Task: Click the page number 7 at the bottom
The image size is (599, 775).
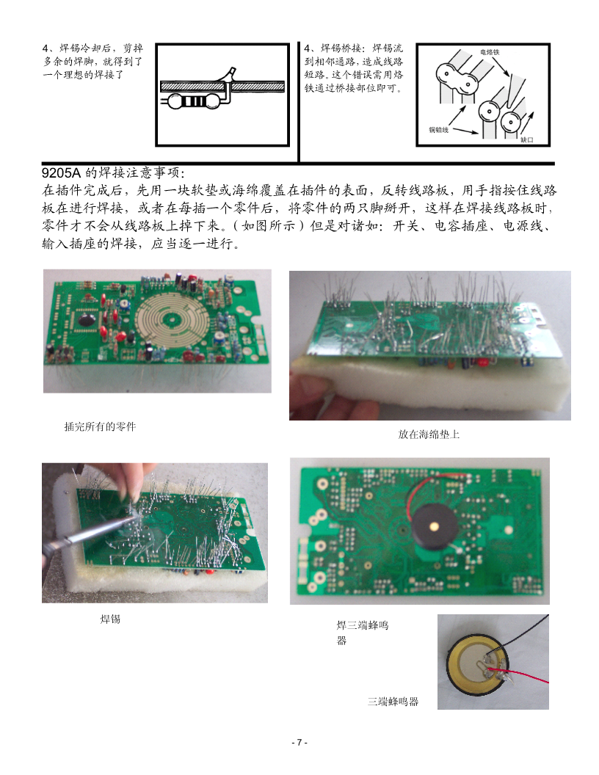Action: pyautogui.click(x=299, y=743)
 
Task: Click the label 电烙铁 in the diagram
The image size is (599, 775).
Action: pyautogui.click(x=490, y=52)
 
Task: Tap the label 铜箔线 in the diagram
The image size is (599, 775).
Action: pyautogui.click(x=438, y=130)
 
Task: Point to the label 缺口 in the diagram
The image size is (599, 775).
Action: pyautogui.click(x=527, y=140)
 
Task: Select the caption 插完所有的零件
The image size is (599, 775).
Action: pyautogui.click(x=100, y=426)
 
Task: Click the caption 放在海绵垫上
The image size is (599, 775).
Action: pyautogui.click(x=429, y=434)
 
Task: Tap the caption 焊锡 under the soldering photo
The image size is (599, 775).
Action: pyautogui.click(x=110, y=619)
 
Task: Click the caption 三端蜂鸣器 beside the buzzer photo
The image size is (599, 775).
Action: pyautogui.click(x=393, y=702)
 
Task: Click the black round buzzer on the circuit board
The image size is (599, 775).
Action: pyautogui.click(x=432, y=527)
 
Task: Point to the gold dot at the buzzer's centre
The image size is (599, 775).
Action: pyautogui.click(x=434, y=525)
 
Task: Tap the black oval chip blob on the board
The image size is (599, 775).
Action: pyautogui.click(x=87, y=320)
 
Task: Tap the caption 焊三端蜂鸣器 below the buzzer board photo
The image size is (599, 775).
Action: pyautogui.click(x=363, y=632)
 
